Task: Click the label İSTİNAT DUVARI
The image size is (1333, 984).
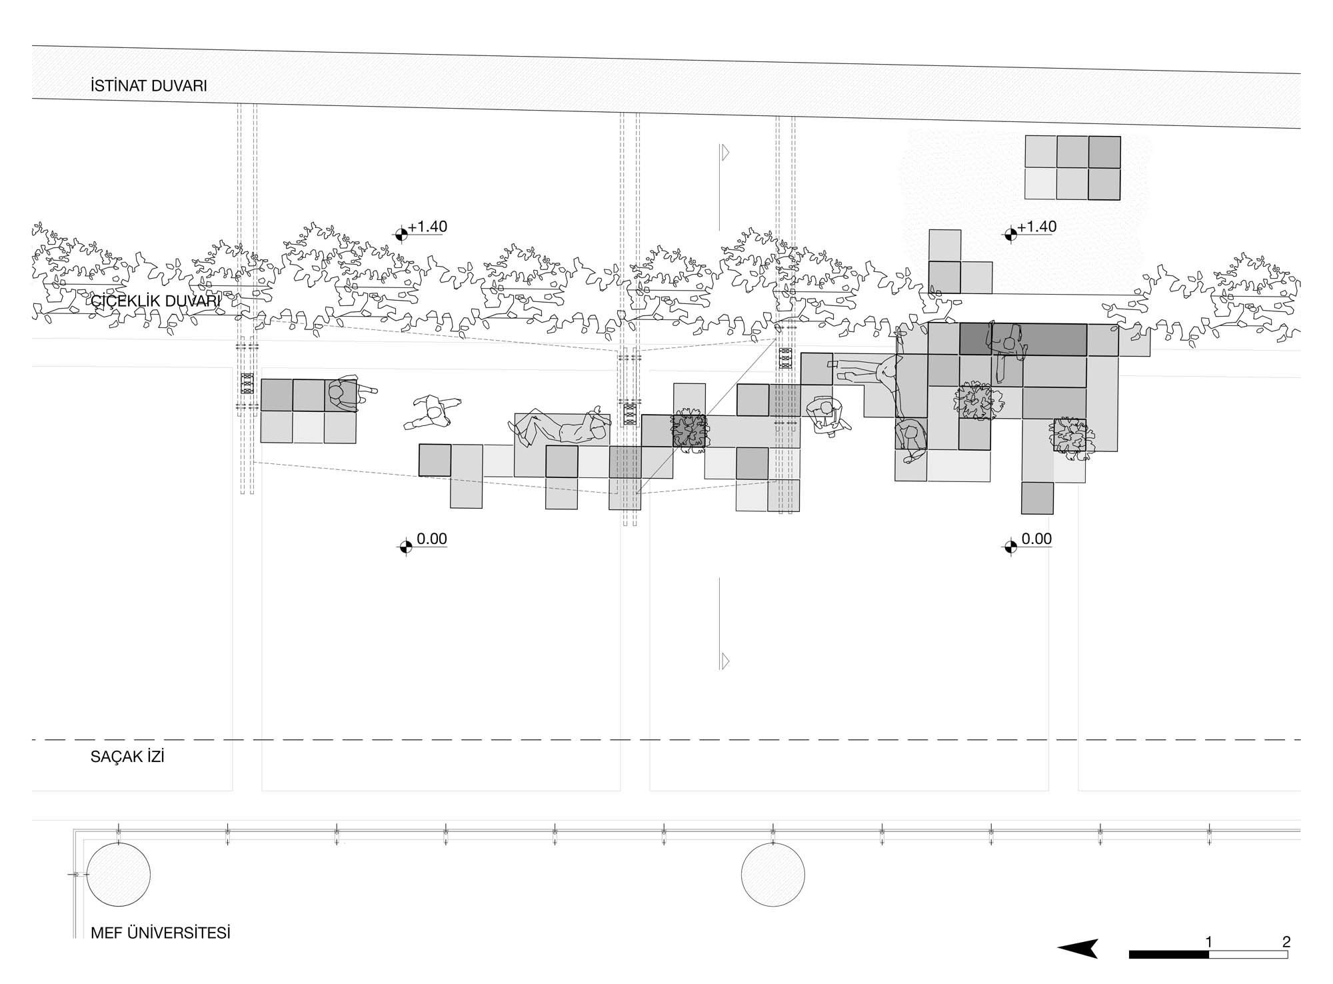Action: (x=149, y=86)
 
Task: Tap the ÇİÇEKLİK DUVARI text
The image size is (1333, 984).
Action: (x=155, y=301)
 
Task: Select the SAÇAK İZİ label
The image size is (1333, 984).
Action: (x=127, y=757)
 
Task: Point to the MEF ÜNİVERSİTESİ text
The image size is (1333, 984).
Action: (x=161, y=933)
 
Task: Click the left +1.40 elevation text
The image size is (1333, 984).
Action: (x=428, y=227)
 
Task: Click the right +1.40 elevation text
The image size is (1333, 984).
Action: (x=1037, y=227)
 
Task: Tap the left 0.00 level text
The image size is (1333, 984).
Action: (x=431, y=539)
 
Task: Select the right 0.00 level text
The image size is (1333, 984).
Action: (x=1036, y=539)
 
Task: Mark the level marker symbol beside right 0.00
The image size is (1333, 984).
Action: (x=1010, y=547)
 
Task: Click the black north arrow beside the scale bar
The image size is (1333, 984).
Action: (x=1079, y=949)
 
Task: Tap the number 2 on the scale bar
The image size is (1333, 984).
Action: (x=1286, y=942)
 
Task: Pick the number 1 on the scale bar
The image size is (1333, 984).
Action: (x=1209, y=942)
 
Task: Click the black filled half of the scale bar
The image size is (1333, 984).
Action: (x=1168, y=955)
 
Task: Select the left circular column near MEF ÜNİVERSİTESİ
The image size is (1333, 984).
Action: (x=119, y=875)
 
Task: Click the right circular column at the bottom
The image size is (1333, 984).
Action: (x=773, y=875)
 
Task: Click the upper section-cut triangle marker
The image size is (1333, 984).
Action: (x=725, y=153)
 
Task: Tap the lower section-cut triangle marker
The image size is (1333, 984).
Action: (x=725, y=661)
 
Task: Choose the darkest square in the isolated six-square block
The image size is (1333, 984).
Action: (x=1104, y=152)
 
